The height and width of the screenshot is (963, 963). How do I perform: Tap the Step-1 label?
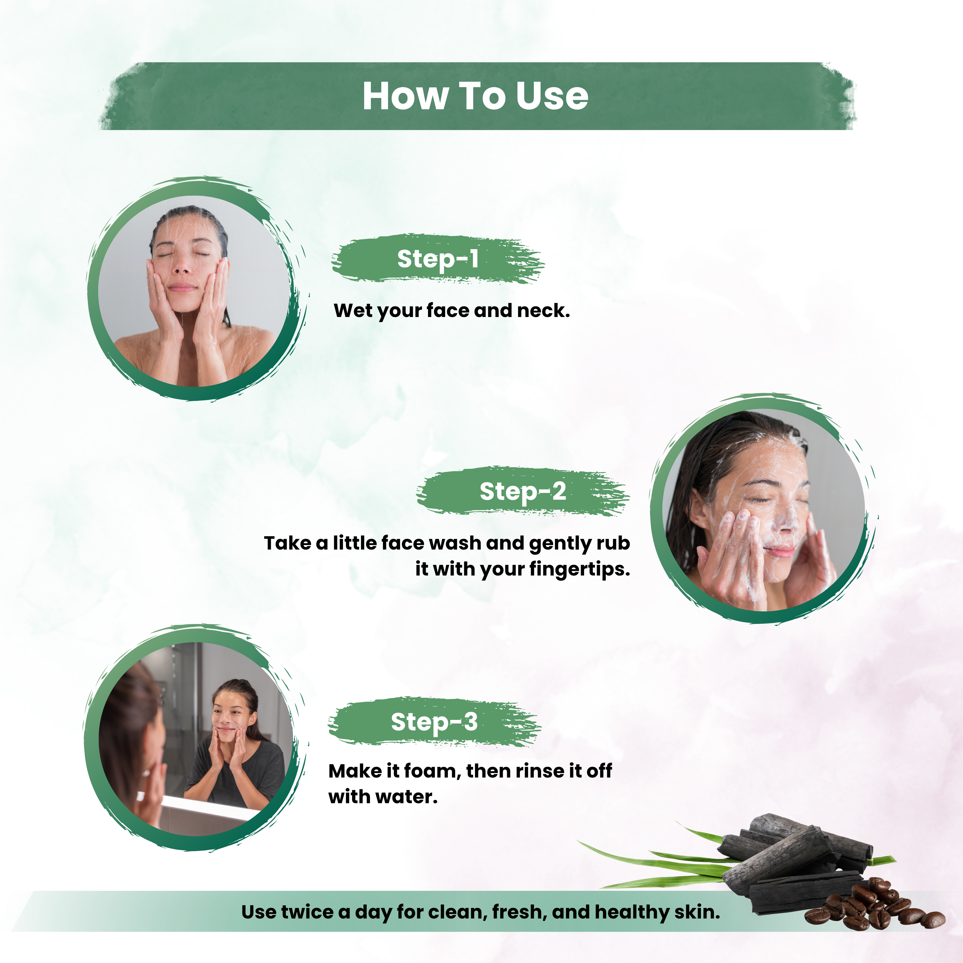438,259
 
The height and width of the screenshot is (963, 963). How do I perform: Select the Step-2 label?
522,492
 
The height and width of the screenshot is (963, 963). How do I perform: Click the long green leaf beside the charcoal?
658,862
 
